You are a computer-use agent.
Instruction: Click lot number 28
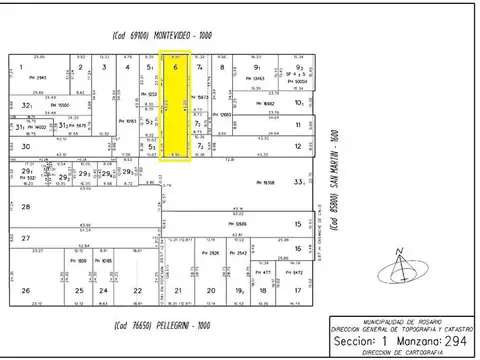(24, 205)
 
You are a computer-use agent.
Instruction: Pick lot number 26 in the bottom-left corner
(25, 291)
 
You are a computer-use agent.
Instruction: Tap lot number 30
(24, 146)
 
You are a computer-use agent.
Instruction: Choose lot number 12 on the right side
(299, 146)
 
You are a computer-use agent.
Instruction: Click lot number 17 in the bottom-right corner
(299, 291)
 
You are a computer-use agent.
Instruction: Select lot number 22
(152, 291)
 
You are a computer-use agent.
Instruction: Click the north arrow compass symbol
(402, 265)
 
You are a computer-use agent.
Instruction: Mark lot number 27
(24, 238)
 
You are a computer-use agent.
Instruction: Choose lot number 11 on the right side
(299, 125)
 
